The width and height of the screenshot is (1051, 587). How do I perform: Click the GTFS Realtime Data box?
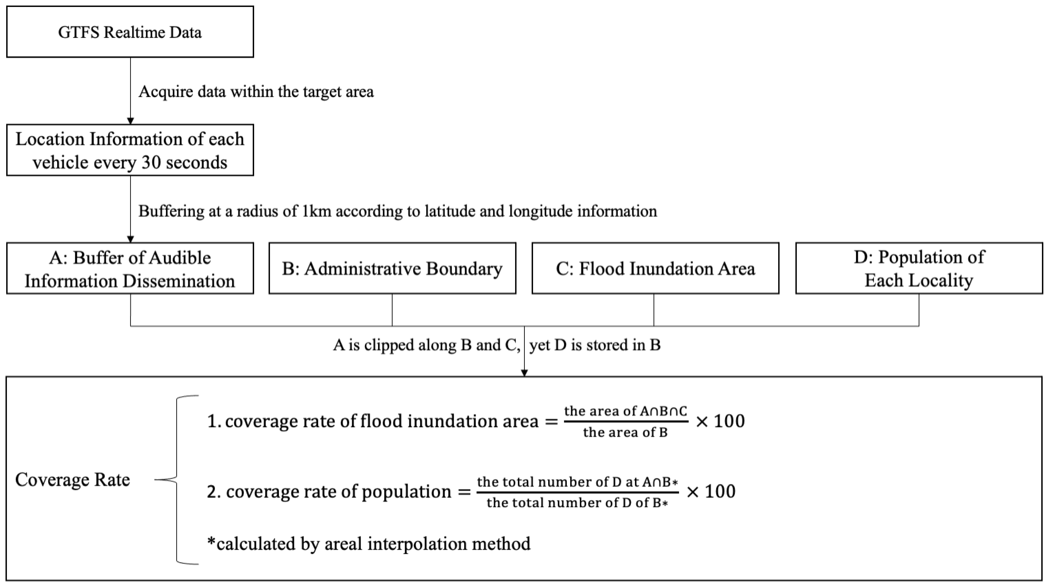(130, 32)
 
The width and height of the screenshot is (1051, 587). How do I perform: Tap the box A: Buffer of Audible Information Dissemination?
(130, 269)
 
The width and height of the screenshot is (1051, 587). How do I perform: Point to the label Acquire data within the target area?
(256, 91)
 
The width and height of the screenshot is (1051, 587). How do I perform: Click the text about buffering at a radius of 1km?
(397, 211)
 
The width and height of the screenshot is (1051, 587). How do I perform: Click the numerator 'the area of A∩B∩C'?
(626, 411)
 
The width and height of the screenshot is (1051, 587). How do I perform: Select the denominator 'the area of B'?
(626, 432)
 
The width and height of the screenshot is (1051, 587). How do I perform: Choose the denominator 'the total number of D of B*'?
(577, 503)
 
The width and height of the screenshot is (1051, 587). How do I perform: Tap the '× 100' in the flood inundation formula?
(720, 421)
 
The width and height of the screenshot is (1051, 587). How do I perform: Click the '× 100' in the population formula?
(711, 492)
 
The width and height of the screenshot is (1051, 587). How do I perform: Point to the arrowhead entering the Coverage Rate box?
(525, 373)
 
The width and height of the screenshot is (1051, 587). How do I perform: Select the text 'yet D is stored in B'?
(595, 345)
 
